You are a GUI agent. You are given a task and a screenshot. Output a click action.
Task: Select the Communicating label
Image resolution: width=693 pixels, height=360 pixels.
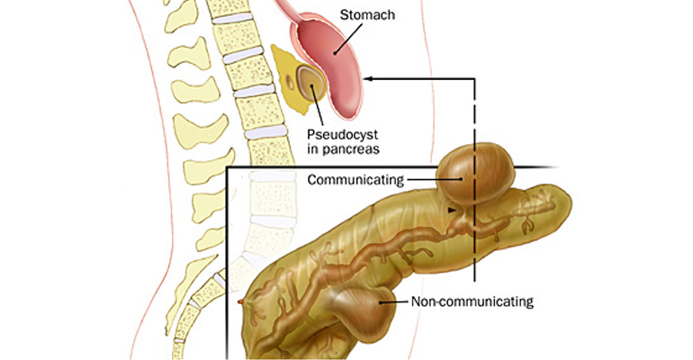pyautogui.click(x=354, y=179)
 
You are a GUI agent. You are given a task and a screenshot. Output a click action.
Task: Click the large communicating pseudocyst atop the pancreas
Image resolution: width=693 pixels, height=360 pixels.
pyautogui.click(x=477, y=173)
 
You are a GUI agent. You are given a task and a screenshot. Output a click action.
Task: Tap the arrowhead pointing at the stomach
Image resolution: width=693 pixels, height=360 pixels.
pyautogui.click(x=371, y=79)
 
